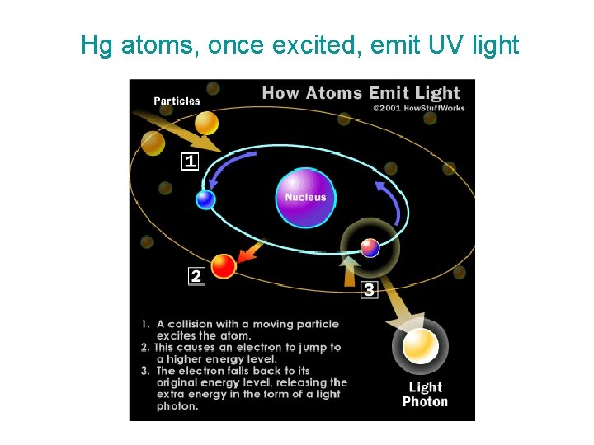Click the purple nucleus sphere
(305, 198)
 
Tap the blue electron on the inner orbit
(205, 199)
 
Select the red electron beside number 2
(224, 265)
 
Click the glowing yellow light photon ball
(420, 347)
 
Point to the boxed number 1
(191, 161)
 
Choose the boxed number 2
(196, 276)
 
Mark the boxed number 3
(369, 289)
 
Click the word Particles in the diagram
(177, 101)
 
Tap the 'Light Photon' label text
(425, 395)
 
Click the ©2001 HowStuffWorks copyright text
(418, 108)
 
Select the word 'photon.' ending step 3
(177, 406)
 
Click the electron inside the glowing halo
(370, 246)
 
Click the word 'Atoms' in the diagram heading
(332, 92)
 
